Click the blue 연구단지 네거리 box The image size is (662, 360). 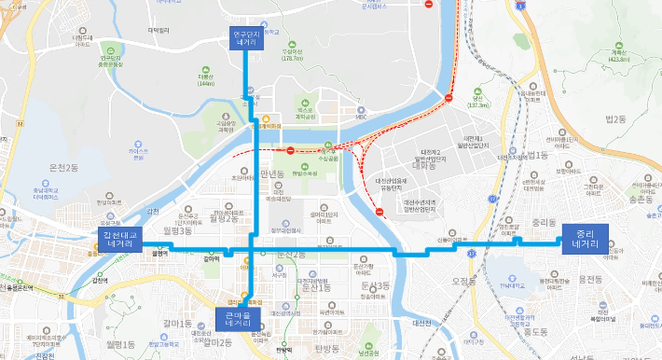(x=247, y=37)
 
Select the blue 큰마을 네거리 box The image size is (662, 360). (x=233, y=318)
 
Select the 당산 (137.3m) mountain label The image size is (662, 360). (x=478, y=103)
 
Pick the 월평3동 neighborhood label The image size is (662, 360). (x=176, y=229)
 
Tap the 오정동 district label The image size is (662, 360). (x=463, y=280)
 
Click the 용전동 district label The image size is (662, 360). (x=589, y=279)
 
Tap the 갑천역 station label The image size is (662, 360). (x=101, y=280)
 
